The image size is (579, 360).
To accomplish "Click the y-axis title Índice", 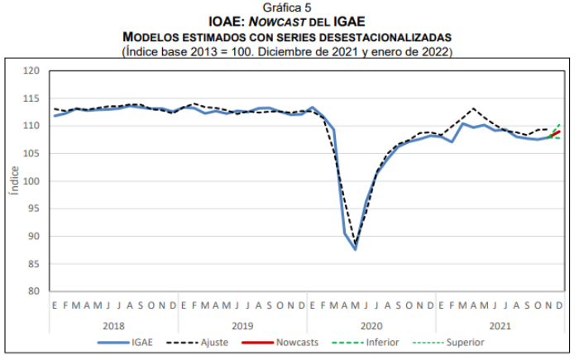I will (13, 181).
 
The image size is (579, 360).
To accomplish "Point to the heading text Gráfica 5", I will (288, 7).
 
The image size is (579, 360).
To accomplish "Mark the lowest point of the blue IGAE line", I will (355, 248).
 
